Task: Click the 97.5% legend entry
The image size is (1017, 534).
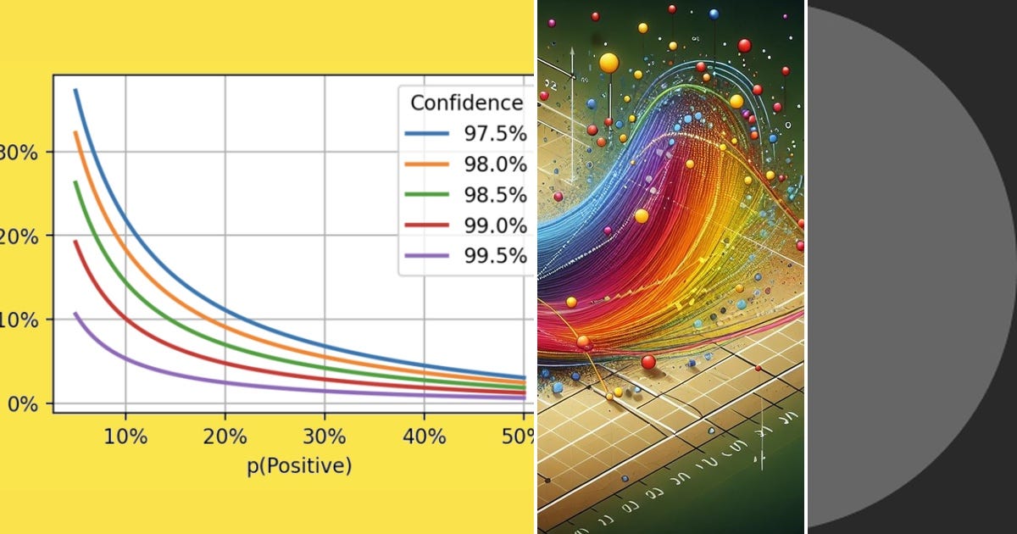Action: coord(496,134)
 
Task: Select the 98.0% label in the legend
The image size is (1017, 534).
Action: coord(496,164)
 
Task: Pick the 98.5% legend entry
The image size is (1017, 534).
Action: coord(496,195)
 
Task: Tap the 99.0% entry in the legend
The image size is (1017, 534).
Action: coord(496,225)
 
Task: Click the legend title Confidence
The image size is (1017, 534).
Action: coord(466,103)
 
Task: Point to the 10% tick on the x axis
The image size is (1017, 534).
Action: coord(126,437)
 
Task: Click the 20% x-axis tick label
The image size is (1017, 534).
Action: coord(225,437)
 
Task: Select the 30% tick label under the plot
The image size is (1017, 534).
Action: coord(325,437)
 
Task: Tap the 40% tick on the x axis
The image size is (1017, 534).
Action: coord(424,437)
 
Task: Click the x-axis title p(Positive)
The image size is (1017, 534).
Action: coord(299,466)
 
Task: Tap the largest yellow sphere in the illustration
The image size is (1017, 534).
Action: coord(609,63)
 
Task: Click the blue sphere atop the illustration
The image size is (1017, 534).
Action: coord(714,14)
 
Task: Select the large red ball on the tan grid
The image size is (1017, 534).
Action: coord(648,362)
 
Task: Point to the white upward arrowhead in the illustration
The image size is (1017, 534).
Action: coord(573,52)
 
